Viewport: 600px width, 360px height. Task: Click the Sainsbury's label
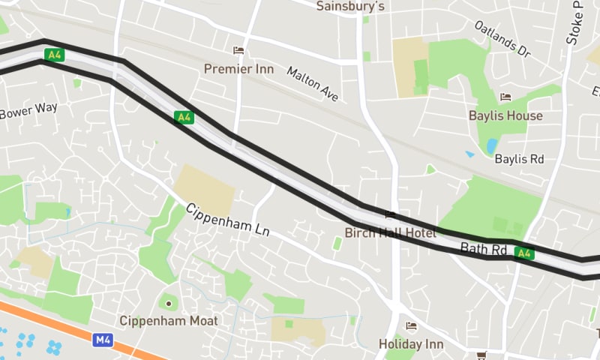point(350,7)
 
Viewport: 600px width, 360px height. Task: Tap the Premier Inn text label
point(239,69)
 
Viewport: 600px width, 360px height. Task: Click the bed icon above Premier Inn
point(238,51)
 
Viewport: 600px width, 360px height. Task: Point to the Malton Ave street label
point(313,83)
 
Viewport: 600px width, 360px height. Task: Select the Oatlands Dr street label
point(502,39)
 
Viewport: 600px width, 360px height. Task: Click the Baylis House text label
point(505,115)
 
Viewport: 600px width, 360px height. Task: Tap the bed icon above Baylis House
point(505,97)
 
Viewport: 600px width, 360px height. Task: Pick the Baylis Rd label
point(519,159)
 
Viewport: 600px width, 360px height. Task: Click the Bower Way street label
point(28,112)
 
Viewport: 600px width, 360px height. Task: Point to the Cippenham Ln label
point(227,223)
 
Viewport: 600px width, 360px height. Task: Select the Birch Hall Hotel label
point(390,233)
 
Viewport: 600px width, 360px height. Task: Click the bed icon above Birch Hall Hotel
point(390,215)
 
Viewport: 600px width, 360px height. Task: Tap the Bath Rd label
point(484,248)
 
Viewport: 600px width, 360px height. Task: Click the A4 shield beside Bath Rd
point(524,253)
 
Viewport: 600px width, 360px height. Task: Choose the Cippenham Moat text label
point(169,321)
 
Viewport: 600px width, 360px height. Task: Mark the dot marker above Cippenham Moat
point(169,303)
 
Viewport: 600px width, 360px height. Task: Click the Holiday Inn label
point(411,344)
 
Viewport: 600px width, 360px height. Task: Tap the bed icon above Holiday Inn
point(411,325)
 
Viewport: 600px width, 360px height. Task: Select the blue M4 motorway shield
point(103,340)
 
